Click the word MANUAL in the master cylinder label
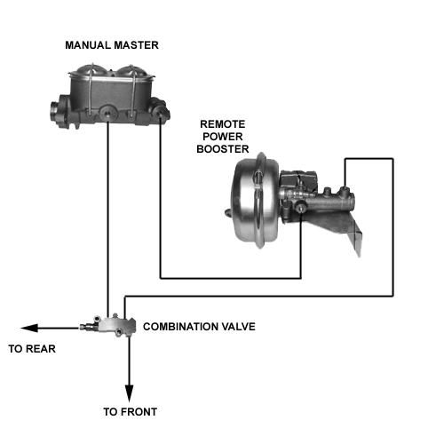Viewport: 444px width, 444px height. (x=88, y=45)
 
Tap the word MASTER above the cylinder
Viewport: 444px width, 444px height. (x=137, y=45)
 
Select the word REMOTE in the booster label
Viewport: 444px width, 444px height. (x=223, y=124)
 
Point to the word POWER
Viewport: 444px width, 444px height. (x=223, y=137)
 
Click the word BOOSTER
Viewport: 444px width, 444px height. (x=223, y=149)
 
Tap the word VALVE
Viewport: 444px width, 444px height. (x=239, y=327)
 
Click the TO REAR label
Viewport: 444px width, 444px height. (x=32, y=349)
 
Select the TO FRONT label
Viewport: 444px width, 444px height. (x=130, y=412)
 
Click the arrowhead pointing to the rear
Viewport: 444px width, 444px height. (x=29, y=328)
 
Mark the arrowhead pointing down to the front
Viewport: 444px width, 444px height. (x=129, y=393)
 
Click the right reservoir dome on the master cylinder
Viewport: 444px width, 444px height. (x=131, y=70)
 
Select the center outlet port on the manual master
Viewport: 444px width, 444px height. (x=107, y=113)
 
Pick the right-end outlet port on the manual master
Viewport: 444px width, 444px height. (x=160, y=113)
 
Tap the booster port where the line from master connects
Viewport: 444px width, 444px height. (x=301, y=207)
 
